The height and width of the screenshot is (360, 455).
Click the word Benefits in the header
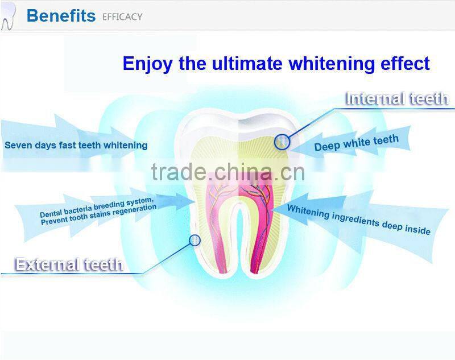(x=61, y=15)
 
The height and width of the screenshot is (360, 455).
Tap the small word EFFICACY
(x=122, y=17)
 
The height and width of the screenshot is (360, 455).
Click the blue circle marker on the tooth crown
(x=282, y=142)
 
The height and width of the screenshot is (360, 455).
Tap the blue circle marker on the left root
(x=195, y=241)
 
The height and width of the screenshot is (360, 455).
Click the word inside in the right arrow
(x=416, y=229)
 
